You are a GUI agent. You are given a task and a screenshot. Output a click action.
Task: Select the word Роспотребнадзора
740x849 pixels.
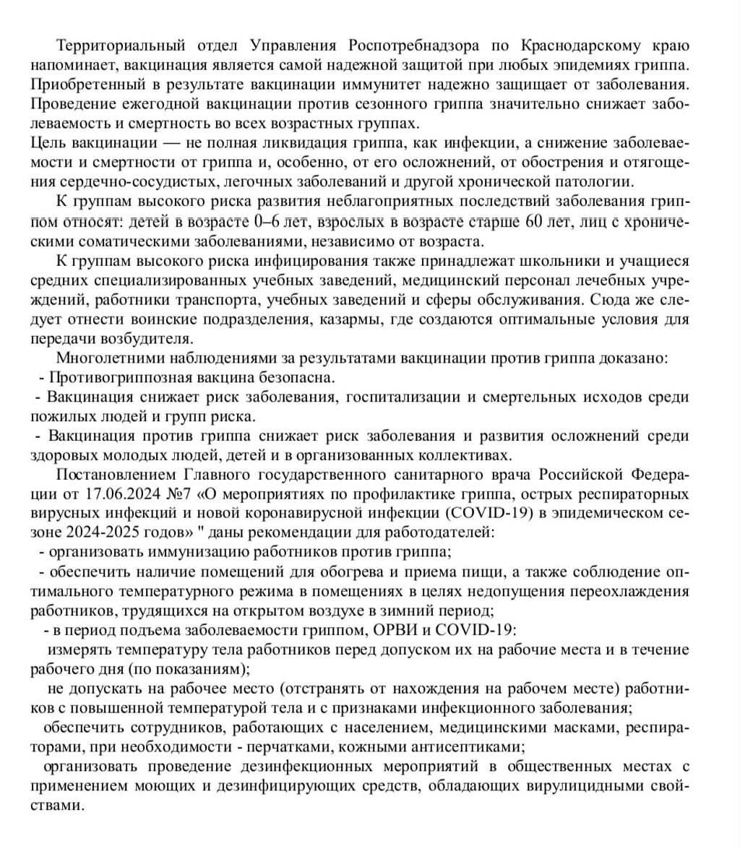414,46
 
